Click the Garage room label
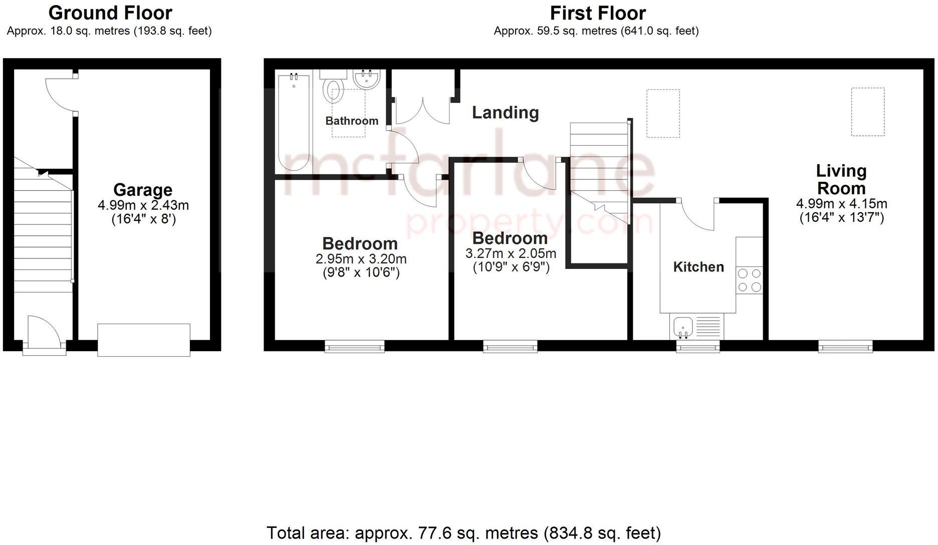tap(143, 190)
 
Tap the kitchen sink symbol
tap(682, 327)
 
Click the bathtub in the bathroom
tap(294, 122)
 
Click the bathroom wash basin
tap(366, 79)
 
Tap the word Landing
tap(505, 113)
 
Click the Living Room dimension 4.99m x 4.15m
tap(841, 204)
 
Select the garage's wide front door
tap(144, 340)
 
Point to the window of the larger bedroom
tap(355, 346)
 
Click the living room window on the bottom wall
tap(845, 346)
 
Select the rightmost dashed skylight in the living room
tap(867, 112)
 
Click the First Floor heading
tap(597, 13)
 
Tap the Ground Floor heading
tap(110, 13)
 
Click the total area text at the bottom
tap(463, 532)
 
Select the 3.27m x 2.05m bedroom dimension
tap(511, 254)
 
